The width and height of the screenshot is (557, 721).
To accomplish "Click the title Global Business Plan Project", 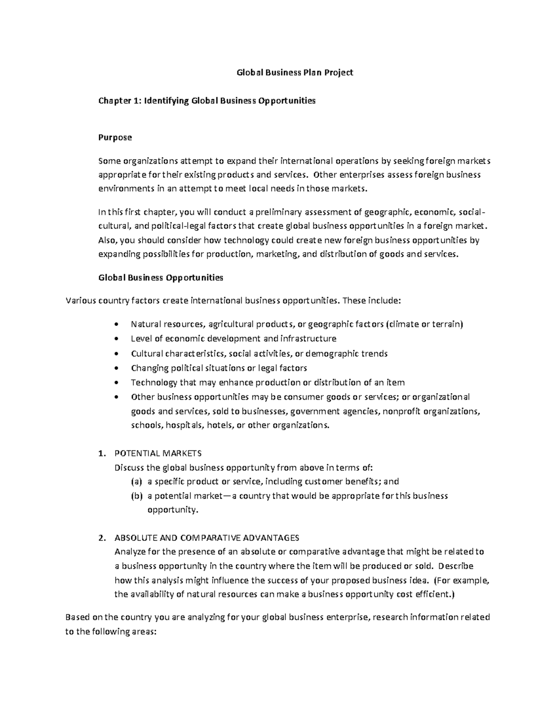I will [295, 72].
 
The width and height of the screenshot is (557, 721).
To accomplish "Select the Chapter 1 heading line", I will [207, 101].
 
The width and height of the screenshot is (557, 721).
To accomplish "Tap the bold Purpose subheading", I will [115, 137].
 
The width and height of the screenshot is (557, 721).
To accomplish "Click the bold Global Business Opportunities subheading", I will [161, 278].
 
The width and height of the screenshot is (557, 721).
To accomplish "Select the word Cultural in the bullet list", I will [147, 353].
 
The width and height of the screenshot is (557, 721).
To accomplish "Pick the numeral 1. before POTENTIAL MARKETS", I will [102, 453].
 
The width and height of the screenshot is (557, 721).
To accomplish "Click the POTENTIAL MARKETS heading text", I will [158, 453].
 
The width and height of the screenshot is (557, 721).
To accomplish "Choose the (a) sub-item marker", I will [136, 481].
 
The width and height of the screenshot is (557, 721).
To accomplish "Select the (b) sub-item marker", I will [136, 496].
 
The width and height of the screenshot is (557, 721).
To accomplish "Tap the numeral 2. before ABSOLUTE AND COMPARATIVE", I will [102, 538].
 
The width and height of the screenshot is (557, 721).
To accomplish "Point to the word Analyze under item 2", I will [130, 552].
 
